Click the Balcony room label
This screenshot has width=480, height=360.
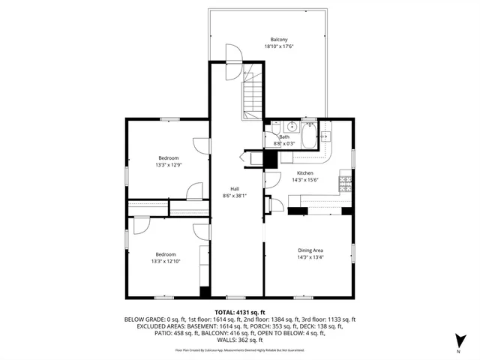coord(279,39)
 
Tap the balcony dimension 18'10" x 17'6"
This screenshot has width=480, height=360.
coord(279,46)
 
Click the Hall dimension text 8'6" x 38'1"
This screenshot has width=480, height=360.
coord(235,195)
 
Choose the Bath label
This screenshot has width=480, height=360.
coord(285,137)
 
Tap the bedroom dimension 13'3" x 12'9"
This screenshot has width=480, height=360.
coord(168,164)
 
